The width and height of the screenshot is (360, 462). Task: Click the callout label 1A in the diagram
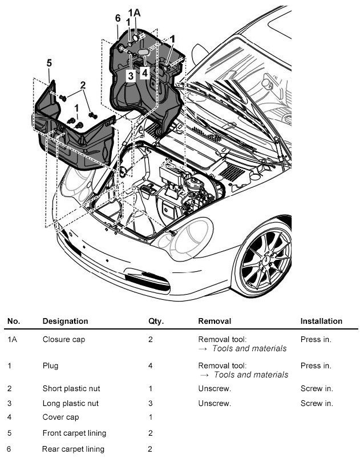(134, 12)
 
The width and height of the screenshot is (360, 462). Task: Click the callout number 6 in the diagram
(118, 18)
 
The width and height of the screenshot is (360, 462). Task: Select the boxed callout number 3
(130, 75)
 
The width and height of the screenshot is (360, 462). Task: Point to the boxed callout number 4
(145, 73)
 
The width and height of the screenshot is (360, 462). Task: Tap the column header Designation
(65, 321)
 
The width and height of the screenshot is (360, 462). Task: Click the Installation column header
(321, 321)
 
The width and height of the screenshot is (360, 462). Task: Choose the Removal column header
(215, 321)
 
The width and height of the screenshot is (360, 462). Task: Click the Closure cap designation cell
(63, 339)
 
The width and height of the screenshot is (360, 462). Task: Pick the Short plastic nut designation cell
(70, 388)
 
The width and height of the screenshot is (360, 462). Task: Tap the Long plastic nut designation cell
(70, 403)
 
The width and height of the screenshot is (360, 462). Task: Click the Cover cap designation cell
(60, 417)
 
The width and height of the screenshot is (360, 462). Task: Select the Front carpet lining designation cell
(74, 433)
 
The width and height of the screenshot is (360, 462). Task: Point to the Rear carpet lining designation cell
(73, 449)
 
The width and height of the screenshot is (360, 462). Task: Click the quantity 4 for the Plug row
(151, 365)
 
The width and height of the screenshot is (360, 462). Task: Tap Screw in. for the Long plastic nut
(317, 403)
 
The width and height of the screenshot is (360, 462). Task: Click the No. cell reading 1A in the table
(13, 339)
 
